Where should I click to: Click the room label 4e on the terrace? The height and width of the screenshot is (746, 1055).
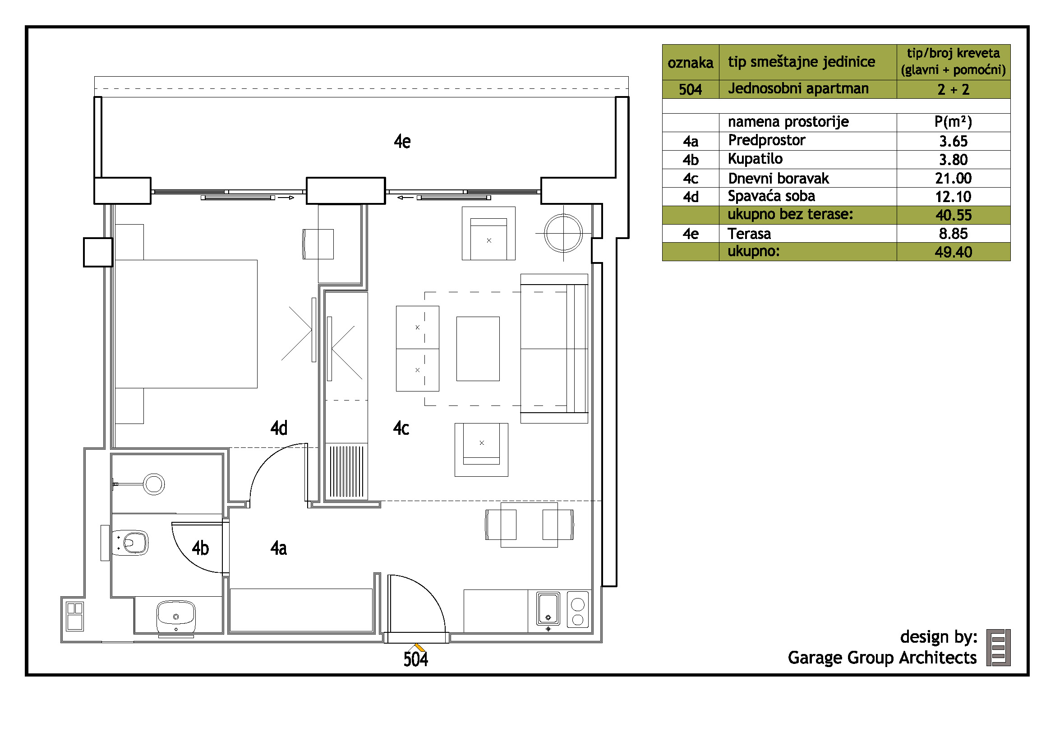[x=402, y=142]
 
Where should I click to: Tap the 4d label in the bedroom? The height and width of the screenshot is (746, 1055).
[x=278, y=428]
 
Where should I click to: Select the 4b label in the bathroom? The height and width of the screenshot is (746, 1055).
[x=200, y=548]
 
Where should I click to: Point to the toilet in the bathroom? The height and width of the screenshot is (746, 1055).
[x=130, y=543]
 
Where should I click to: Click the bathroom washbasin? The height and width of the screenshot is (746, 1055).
[x=176, y=617]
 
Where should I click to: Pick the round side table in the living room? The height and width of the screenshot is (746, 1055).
[x=563, y=233]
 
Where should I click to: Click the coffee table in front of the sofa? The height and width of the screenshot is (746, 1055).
[x=478, y=349]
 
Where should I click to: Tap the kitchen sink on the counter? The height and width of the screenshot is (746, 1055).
[x=548, y=608]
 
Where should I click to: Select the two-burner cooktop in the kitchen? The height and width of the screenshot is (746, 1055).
[x=578, y=609]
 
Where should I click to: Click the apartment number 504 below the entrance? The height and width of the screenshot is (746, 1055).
[x=416, y=660]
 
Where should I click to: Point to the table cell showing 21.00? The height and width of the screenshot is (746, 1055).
[x=953, y=178]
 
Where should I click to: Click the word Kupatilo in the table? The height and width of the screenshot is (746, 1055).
[x=755, y=159]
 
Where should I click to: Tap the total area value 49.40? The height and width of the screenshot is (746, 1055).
[x=953, y=252]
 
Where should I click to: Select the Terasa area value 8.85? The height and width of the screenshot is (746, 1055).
[x=953, y=233]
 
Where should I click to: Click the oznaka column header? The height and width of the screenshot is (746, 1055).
[x=690, y=63]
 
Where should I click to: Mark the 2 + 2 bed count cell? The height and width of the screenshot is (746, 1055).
[x=953, y=89]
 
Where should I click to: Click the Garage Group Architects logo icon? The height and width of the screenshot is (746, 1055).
[x=999, y=648]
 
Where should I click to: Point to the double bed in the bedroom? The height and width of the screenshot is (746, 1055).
[x=186, y=324]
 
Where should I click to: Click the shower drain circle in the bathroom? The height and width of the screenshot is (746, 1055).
[x=154, y=484]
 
